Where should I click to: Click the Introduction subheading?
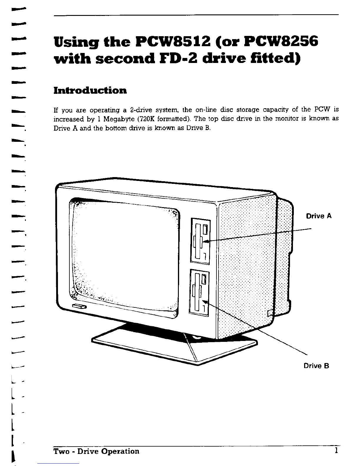[x=90, y=90]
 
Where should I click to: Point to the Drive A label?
[x=319, y=216]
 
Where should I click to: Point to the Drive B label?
[x=316, y=366]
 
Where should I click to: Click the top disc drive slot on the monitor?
[x=200, y=240]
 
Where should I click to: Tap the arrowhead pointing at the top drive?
[x=206, y=241]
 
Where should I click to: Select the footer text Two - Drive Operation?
[x=96, y=451]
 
